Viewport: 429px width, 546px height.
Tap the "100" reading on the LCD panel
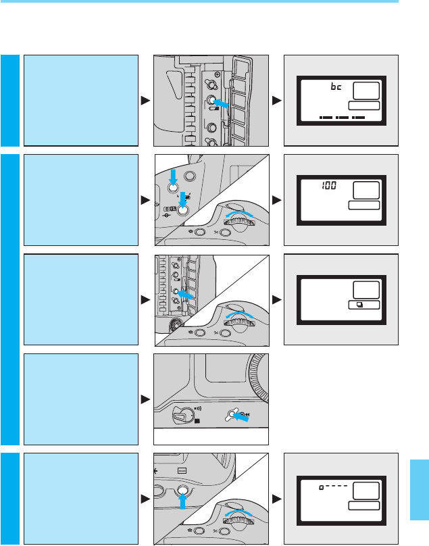tap(328, 184)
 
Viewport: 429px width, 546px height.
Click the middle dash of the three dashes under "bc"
tap(343, 118)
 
